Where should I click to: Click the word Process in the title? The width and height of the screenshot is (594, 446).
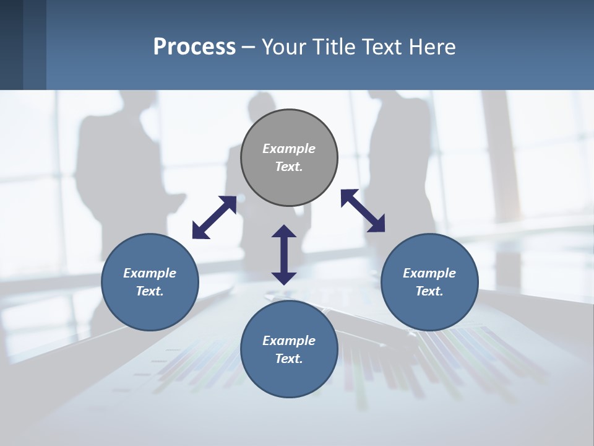pyautogui.click(x=194, y=47)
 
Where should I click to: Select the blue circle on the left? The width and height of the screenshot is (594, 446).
pyautogui.click(x=150, y=310)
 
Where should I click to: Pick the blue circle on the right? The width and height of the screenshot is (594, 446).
pyautogui.click(x=429, y=310)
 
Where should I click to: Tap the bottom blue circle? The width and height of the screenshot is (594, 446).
pyautogui.click(x=289, y=378)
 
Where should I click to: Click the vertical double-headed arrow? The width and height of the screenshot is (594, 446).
pyautogui.click(x=284, y=255)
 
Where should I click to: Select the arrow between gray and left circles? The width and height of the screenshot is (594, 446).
pyautogui.click(x=214, y=217)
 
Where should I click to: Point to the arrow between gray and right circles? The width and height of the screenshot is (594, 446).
pyautogui.click(x=363, y=211)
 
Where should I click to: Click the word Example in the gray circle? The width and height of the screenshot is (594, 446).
pyautogui.click(x=289, y=149)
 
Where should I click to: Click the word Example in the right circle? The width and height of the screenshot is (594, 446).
pyautogui.click(x=429, y=273)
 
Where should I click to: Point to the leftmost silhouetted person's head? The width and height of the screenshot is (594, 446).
pyautogui.click(x=138, y=102)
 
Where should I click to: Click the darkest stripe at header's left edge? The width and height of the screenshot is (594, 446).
pyautogui.click(x=11, y=45)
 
